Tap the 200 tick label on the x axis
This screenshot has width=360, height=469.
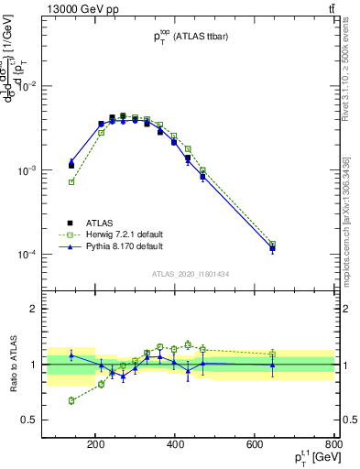(95, 446)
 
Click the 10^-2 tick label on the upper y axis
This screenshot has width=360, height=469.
(53, 86)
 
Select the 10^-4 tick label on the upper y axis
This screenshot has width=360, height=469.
(53, 254)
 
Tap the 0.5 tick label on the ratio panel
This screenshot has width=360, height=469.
(56, 420)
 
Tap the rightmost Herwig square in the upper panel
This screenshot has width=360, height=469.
(272, 245)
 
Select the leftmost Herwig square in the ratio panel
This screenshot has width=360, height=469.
(71, 400)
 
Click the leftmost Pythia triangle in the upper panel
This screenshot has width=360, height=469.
(71, 162)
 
